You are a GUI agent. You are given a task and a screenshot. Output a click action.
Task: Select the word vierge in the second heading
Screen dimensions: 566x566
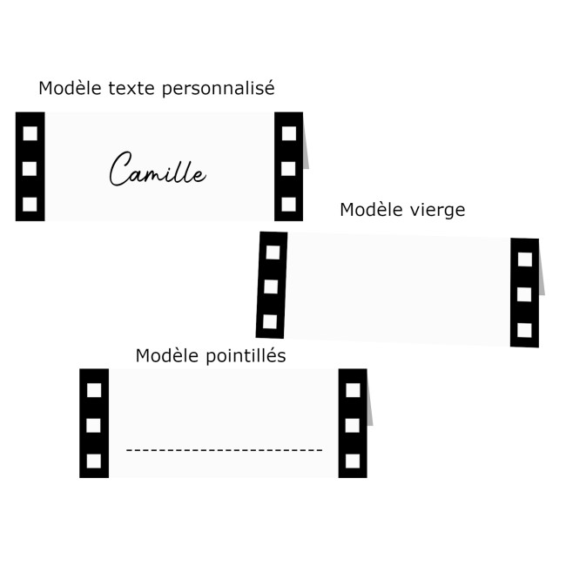[439, 210]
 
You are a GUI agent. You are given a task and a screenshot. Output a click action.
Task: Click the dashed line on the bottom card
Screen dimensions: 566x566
[224, 450]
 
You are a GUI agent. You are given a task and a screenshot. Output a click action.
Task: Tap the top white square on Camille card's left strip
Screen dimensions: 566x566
[30, 132]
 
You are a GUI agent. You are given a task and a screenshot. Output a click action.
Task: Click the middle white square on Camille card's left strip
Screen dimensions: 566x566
[30, 168]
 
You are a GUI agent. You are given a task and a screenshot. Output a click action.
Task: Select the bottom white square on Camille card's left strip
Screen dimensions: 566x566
[30, 205]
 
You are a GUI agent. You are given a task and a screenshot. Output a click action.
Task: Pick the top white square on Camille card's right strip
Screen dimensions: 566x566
[289, 132]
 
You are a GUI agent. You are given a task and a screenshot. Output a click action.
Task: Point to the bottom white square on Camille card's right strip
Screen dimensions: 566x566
[289, 205]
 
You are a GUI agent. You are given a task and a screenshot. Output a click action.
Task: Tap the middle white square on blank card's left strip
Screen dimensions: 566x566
[271, 286]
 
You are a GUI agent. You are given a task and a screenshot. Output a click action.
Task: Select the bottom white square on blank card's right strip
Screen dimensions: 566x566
[524, 330]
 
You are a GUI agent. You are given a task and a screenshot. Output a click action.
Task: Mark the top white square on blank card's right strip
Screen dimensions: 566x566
[525, 259]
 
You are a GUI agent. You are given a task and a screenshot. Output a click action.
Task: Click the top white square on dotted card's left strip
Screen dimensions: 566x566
[94, 389]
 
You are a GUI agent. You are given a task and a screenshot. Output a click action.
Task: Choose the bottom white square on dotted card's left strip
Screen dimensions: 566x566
[94, 461]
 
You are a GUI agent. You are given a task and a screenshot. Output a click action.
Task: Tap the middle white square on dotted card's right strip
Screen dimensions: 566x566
[353, 425]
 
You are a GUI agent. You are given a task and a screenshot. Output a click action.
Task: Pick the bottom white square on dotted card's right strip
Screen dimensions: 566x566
[353, 461]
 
